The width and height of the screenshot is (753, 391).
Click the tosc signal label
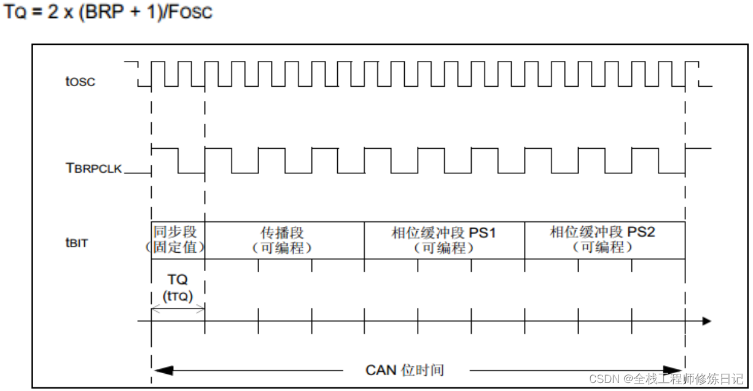click(80, 81)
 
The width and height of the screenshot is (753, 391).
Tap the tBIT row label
click(76, 243)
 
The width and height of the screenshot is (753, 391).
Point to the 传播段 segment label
click(283, 233)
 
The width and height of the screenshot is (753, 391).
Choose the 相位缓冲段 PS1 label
click(443, 233)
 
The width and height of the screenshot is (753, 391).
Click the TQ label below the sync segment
click(178, 280)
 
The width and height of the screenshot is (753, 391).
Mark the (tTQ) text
click(178, 296)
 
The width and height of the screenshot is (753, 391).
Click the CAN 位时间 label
click(405, 370)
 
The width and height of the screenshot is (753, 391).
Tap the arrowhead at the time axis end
click(706, 321)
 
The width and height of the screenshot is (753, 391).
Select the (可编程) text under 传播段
click(283, 248)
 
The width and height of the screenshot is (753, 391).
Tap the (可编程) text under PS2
click(603, 248)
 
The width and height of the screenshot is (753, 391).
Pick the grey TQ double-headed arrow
click(178, 309)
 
